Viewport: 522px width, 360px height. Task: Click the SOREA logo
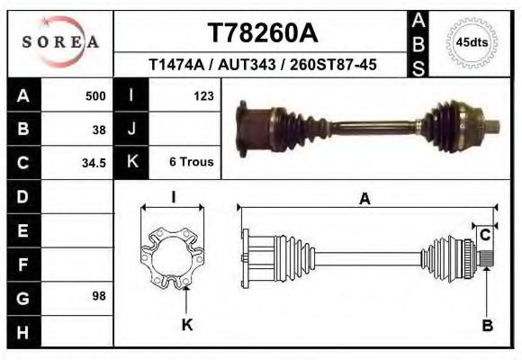[59, 41]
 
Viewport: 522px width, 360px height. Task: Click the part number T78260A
[262, 33]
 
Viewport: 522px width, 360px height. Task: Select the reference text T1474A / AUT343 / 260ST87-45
[262, 65]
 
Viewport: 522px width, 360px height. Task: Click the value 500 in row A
[94, 95]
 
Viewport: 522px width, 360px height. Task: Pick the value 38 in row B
[99, 129]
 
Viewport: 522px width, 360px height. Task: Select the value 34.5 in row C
[94, 163]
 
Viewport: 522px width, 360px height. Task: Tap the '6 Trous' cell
[191, 163]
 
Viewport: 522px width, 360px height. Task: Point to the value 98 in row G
[99, 295]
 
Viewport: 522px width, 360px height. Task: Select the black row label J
[131, 129]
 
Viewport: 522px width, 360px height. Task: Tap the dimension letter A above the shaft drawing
[364, 199]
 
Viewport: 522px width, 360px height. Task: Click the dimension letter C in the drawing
[484, 236]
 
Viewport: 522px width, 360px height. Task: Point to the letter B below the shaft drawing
[486, 325]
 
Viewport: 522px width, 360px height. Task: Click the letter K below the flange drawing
[187, 325]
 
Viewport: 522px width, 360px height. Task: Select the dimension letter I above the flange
[173, 197]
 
